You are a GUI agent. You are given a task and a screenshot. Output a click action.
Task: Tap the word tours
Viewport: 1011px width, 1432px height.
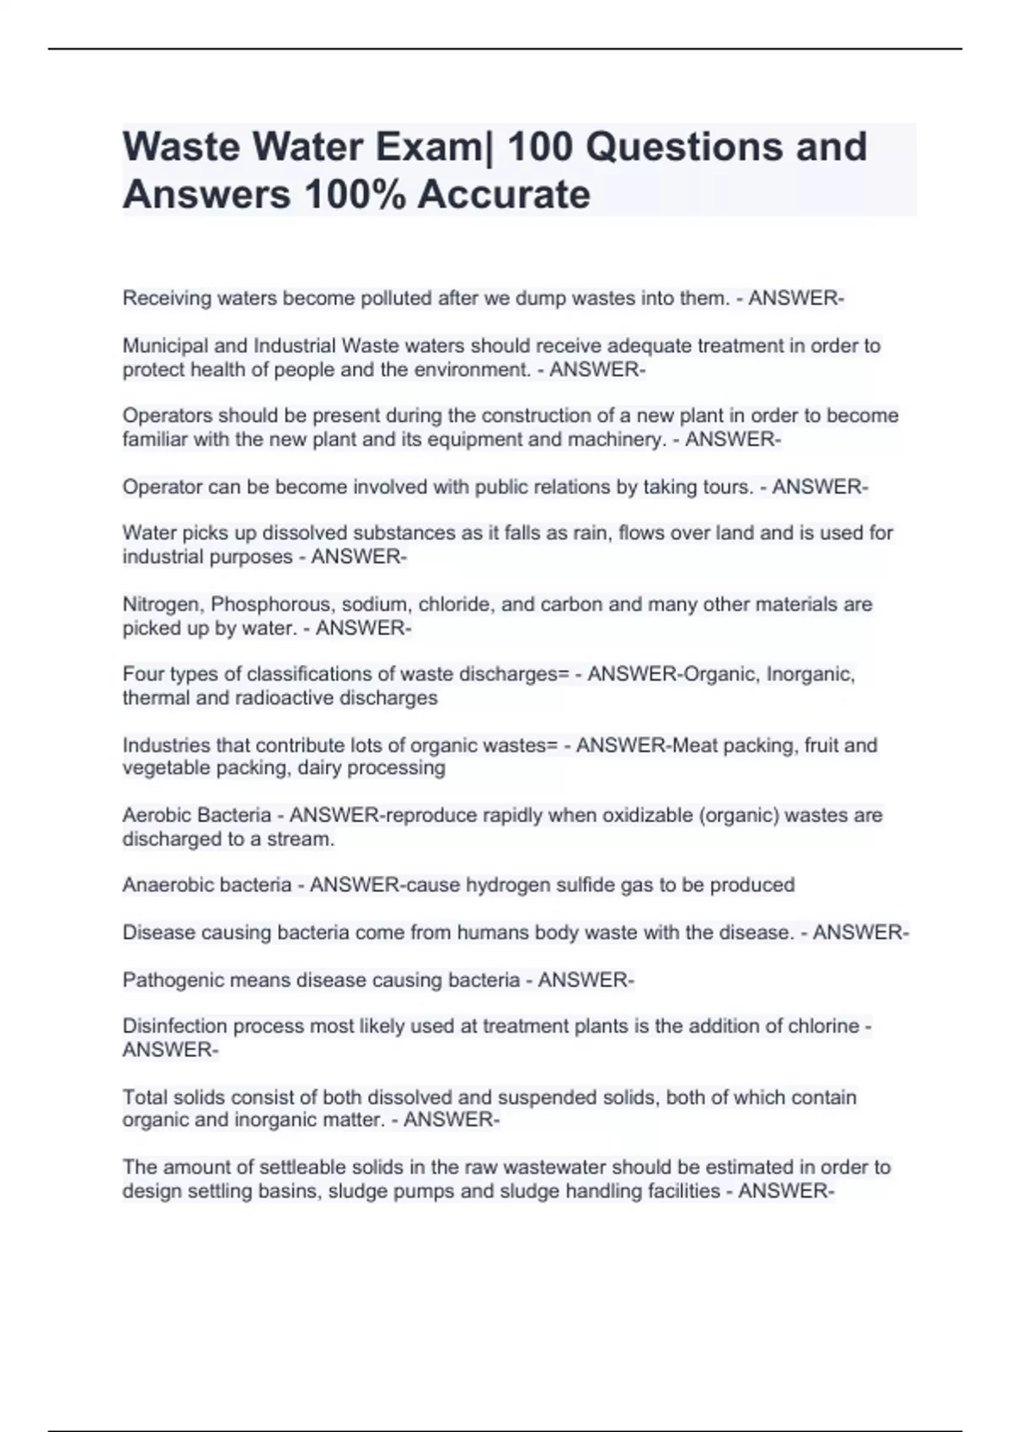coord(728,487)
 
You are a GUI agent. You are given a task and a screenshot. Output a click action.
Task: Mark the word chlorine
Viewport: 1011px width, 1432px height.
coord(823,1027)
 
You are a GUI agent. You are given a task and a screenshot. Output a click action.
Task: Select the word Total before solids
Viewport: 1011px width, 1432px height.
coord(144,1098)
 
